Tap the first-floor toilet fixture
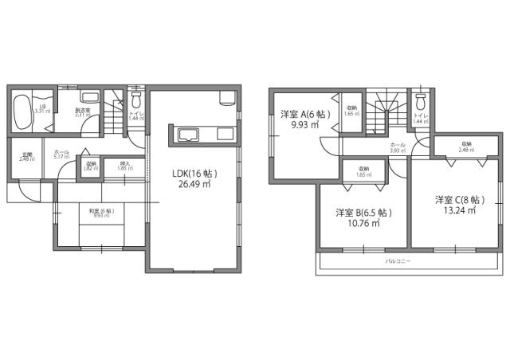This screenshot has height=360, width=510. tap(135, 101)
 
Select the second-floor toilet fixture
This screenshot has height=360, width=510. tap(421, 101)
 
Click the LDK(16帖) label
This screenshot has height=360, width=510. tap(194, 173)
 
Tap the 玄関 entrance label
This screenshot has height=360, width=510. tap(25, 154)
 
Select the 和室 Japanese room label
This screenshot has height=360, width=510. tap(101, 210)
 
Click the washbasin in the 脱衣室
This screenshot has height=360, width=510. tap(89, 98)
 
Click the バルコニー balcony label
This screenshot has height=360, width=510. tap(398, 261)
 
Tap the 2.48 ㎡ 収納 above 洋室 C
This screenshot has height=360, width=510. tap(466, 147)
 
